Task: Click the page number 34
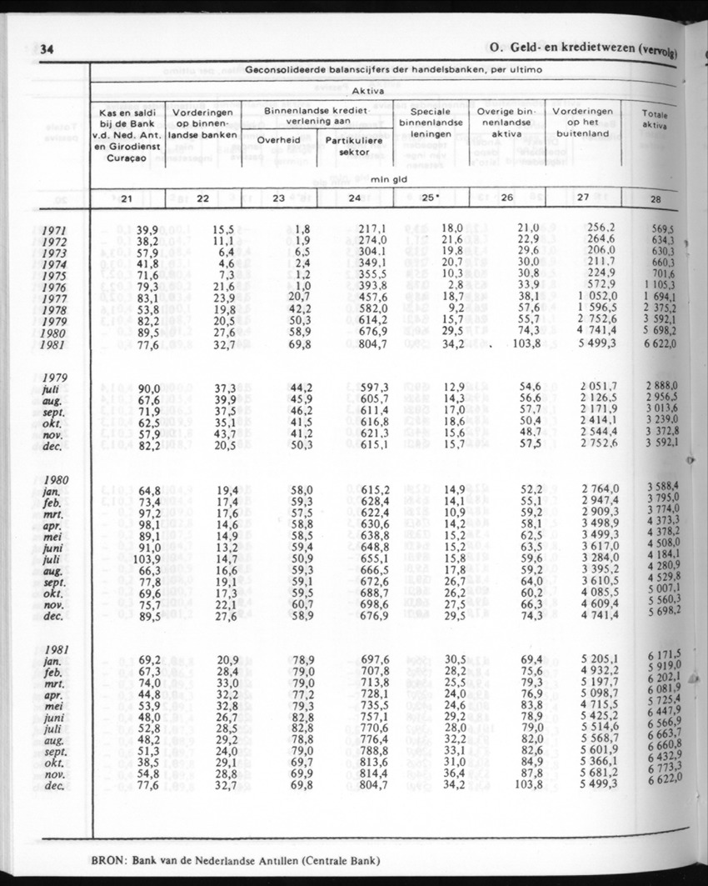point(48,49)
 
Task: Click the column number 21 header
point(127,198)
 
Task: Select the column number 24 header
point(354,198)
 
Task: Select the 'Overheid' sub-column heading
point(279,140)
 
